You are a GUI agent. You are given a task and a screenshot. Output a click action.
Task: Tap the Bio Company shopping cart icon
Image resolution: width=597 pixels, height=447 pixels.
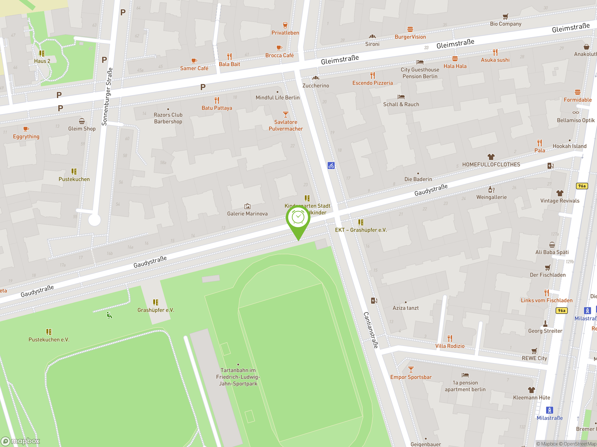[x=505, y=17]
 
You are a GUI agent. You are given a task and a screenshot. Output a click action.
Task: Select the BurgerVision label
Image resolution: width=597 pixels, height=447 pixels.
[x=410, y=37]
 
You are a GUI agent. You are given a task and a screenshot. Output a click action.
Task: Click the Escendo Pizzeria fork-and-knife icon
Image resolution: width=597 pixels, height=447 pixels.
[x=372, y=75]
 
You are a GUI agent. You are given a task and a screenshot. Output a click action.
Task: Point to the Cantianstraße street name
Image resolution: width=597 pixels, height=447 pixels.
[x=371, y=330]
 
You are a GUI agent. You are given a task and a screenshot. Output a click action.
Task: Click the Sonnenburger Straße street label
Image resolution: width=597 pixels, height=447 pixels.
[x=107, y=96]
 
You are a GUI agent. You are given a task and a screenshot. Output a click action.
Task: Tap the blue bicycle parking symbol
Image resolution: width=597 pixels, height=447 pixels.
[x=331, y=166]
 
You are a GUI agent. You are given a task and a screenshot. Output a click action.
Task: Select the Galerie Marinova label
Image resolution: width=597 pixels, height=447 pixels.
[x=247, y=214]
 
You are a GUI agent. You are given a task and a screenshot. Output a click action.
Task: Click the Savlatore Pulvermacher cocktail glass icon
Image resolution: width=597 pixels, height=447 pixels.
[x=285, y=114]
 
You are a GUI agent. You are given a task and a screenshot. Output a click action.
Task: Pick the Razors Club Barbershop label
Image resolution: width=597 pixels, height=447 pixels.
[x=168, y=118]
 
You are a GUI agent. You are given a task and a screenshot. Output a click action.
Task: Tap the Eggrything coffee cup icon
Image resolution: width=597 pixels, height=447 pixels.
[x=26, y=129]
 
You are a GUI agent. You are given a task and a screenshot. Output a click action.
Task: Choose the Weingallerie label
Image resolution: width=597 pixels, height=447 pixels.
[x=491, y=197]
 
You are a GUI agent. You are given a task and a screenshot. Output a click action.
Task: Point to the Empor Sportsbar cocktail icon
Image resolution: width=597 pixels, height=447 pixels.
[x=411, y=369]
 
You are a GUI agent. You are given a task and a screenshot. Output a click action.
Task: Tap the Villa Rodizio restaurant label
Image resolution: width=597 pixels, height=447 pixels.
[x=450, y=346]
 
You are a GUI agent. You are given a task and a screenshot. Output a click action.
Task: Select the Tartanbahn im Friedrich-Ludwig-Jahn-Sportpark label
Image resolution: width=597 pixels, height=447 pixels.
[x=238, y=377]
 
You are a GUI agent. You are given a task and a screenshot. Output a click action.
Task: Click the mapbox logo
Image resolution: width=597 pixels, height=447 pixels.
[x=21, y=441]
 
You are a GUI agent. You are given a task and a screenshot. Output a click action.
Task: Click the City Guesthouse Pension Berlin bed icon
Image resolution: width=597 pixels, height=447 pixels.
[x=420, y=62]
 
